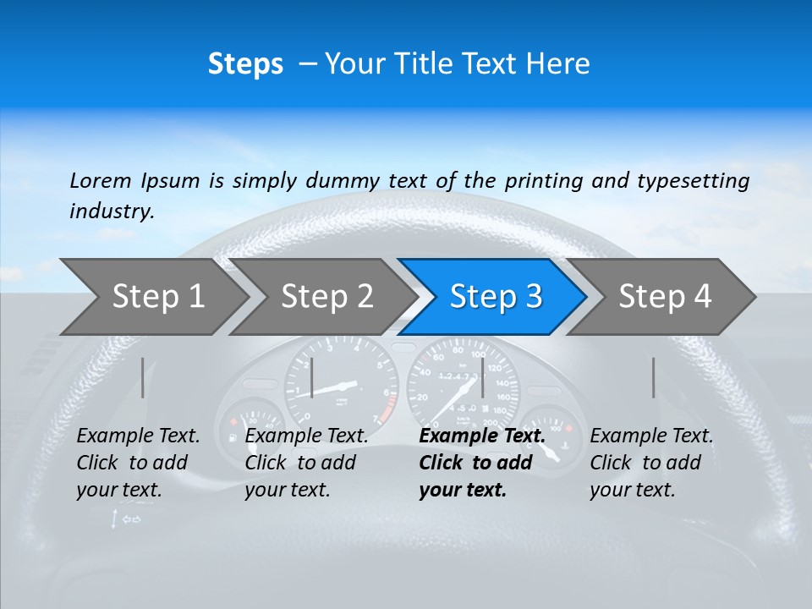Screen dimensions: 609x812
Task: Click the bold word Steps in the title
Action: pos(245,64)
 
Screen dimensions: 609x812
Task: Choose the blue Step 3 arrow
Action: pos(496,296)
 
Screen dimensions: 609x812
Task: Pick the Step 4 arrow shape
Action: pos(665,296)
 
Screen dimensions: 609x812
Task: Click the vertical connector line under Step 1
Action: pos(143,377)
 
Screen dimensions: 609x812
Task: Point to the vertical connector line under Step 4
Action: pos(654,377)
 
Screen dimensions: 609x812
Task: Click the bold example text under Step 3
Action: pos(482,463)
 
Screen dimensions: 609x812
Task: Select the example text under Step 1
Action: pos(139,463)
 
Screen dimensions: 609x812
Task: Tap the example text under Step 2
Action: pos(307,463)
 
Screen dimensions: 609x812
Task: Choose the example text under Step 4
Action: pos(652,463)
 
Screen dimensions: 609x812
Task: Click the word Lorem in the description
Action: pos(101,180)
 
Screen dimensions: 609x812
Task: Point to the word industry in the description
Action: pos(112,211)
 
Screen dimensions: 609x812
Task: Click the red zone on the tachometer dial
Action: pos(386,411)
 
